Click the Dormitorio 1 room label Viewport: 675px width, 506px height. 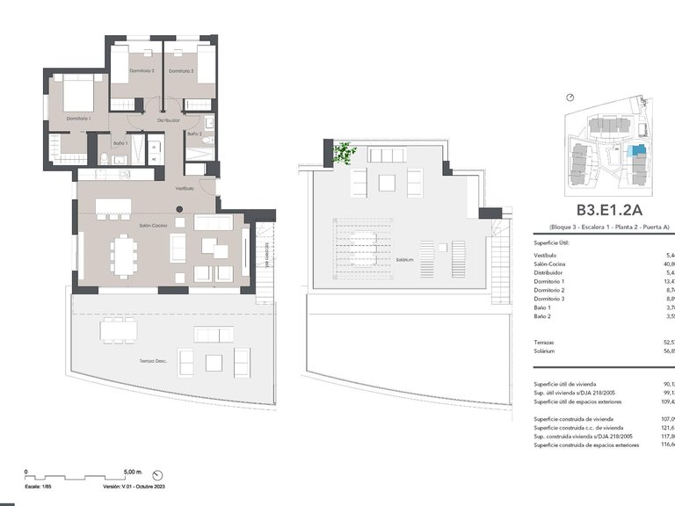point(78,118)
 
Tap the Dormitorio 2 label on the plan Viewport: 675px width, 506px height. point(142,70)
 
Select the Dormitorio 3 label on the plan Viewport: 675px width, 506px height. point(182,70)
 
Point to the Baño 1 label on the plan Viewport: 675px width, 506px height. point(120,143)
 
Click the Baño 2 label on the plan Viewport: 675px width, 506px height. point(194,134)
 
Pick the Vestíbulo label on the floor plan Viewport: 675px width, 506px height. point(184,188)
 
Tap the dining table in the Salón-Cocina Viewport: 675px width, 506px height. point(124,257)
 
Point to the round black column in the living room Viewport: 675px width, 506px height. point(178,209)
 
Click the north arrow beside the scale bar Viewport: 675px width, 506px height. point(156,472)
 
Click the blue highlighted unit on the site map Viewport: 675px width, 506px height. point(637,151)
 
